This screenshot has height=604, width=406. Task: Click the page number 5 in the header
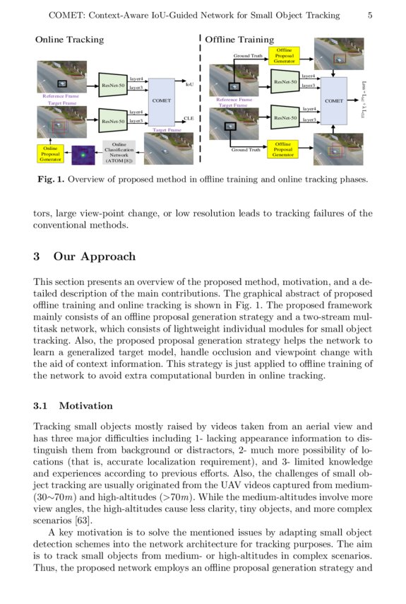370,15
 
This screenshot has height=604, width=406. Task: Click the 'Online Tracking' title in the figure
69,40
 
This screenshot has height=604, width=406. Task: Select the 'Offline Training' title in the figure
241,40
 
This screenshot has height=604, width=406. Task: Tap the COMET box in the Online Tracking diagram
162,101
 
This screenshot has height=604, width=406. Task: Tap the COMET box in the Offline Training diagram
334,101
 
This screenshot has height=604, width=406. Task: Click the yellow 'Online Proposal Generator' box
49,153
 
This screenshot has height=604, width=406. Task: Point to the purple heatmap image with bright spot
83,153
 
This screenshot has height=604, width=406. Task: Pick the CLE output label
189,118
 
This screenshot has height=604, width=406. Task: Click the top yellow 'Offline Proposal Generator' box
284,56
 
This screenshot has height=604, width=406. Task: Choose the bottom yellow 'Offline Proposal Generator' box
283,149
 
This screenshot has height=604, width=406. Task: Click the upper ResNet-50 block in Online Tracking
113,85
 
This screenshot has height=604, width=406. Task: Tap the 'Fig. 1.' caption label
51,180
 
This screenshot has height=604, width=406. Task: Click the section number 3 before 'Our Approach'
37,256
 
